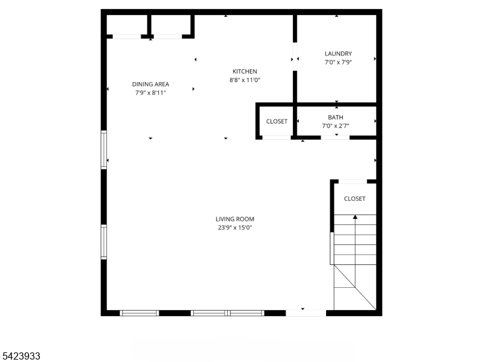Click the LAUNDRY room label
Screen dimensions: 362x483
coord(338,54)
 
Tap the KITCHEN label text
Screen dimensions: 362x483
coord(245,71)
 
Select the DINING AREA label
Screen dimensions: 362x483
coord(150,84)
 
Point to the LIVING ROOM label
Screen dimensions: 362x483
coord(235,219)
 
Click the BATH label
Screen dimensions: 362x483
coord(336,117)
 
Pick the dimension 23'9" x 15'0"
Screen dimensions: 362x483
coord(235,227)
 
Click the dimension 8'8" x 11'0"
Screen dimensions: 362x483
coord(245,80)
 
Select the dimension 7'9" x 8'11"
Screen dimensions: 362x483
coord(150,93)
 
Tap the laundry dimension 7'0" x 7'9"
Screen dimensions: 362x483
coord(338,62)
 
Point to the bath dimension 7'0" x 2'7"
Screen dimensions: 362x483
coord(336,126)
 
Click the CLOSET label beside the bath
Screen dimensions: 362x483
coord(277,121)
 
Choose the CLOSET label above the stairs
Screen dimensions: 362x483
coord(354,198)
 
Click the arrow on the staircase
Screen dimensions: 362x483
coord(355,216)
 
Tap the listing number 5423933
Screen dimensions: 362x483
coord(21,357)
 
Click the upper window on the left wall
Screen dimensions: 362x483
coord(104,150)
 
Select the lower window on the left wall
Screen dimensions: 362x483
coord(104,241)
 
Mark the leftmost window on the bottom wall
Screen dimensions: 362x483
coord(139,313)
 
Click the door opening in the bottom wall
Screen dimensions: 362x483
coord(305,313)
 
